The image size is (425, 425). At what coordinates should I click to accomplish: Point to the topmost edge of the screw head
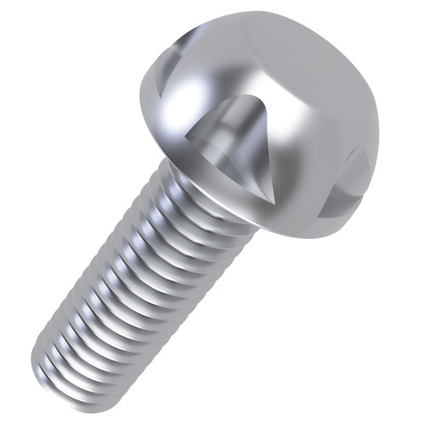tap(263, 13)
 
